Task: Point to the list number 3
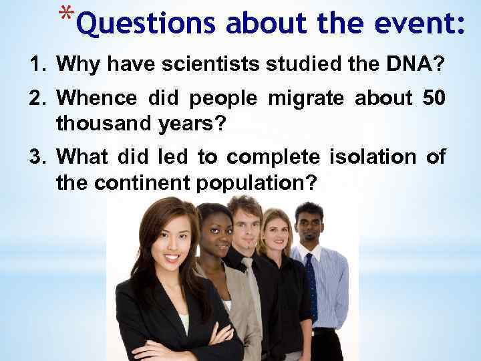[36, 158]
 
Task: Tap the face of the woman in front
[170, 239]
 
